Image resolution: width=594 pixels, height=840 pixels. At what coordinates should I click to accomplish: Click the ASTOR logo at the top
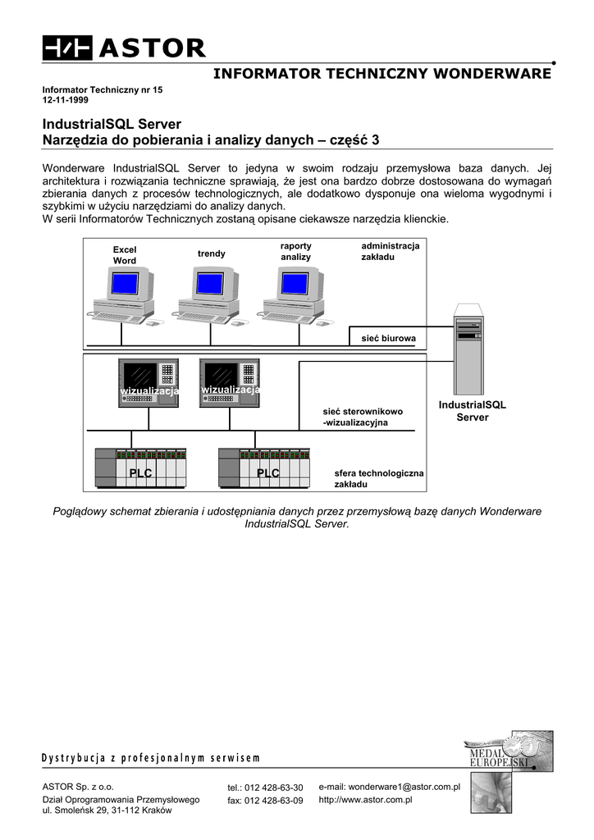coord(124,48)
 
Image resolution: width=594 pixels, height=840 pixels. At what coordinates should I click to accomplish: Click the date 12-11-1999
coord(66,99)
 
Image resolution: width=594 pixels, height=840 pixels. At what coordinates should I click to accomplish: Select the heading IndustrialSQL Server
coord(112,125)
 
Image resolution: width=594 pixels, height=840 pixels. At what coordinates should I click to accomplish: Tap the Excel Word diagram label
coord(125,255)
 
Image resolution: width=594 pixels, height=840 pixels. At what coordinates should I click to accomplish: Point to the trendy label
coord(211,253)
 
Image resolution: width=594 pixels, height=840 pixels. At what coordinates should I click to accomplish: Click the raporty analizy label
coord(296,251)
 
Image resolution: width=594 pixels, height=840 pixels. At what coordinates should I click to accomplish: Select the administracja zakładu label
coord(390,251)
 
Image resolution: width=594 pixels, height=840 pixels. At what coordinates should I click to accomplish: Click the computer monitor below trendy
coord(211,284)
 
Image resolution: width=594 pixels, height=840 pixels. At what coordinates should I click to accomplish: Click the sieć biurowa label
coord(389,338)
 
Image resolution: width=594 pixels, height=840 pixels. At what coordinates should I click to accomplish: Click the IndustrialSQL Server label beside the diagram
coord(473,411)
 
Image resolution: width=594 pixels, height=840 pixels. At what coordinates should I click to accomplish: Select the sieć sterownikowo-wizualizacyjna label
coord(362,417)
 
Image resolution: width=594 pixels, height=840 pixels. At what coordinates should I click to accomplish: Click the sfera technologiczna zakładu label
coord(378,478)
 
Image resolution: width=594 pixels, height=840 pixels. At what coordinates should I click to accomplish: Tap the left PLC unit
coord(141,468)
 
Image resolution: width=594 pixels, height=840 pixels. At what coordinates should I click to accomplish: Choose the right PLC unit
coord(264,468)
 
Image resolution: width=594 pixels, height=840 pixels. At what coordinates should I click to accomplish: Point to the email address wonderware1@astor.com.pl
coord(389,786)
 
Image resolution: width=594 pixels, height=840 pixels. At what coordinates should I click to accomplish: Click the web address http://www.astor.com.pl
coord(364,799)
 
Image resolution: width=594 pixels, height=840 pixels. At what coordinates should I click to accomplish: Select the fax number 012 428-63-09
coord(265,801)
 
